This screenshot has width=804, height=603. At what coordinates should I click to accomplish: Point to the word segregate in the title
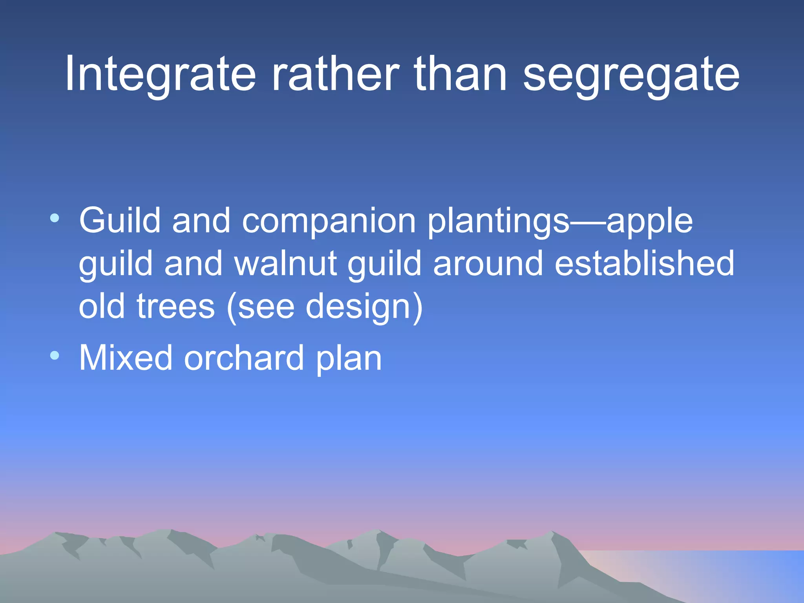(x=631, y=75)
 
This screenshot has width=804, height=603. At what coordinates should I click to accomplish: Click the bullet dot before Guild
(x=55, y=218)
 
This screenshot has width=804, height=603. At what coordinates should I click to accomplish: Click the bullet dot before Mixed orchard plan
(x=55, y=356)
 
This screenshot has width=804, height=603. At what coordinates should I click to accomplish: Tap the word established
(x=644, y=264)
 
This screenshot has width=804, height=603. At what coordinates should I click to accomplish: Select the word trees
(x=175, y=307)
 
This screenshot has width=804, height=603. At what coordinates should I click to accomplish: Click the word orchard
(x=244, y=358)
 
